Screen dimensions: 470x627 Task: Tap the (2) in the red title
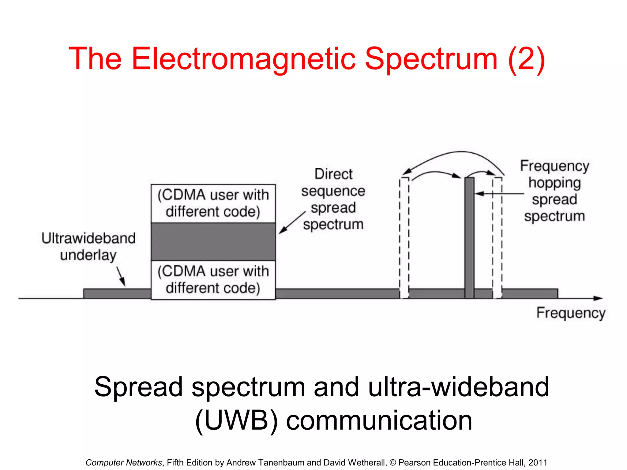coord(526,59)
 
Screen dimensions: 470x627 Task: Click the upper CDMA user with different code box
coord(213,203)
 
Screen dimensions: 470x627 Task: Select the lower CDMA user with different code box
coord(213,280)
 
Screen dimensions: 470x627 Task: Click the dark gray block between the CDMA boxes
coord(213,242)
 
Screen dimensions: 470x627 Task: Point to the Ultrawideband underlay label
coord(88,247)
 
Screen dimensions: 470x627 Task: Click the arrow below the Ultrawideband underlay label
coord(121,276)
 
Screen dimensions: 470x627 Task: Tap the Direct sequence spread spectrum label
coord(333,199)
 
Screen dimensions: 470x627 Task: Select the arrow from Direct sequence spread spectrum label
coord(292,223)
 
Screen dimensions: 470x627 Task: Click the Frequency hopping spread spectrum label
coord(554,191)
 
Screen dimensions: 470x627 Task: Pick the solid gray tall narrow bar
coord(469,237)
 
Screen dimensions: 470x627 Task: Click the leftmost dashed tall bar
coord(404,237)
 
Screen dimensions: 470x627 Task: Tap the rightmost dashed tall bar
coord(497,237)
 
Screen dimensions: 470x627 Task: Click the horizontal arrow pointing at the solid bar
coord(499,194)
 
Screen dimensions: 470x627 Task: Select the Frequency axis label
coord(571,313)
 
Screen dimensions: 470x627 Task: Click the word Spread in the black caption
coord(139,387)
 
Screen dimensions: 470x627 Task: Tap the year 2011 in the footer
coord(538,462)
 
